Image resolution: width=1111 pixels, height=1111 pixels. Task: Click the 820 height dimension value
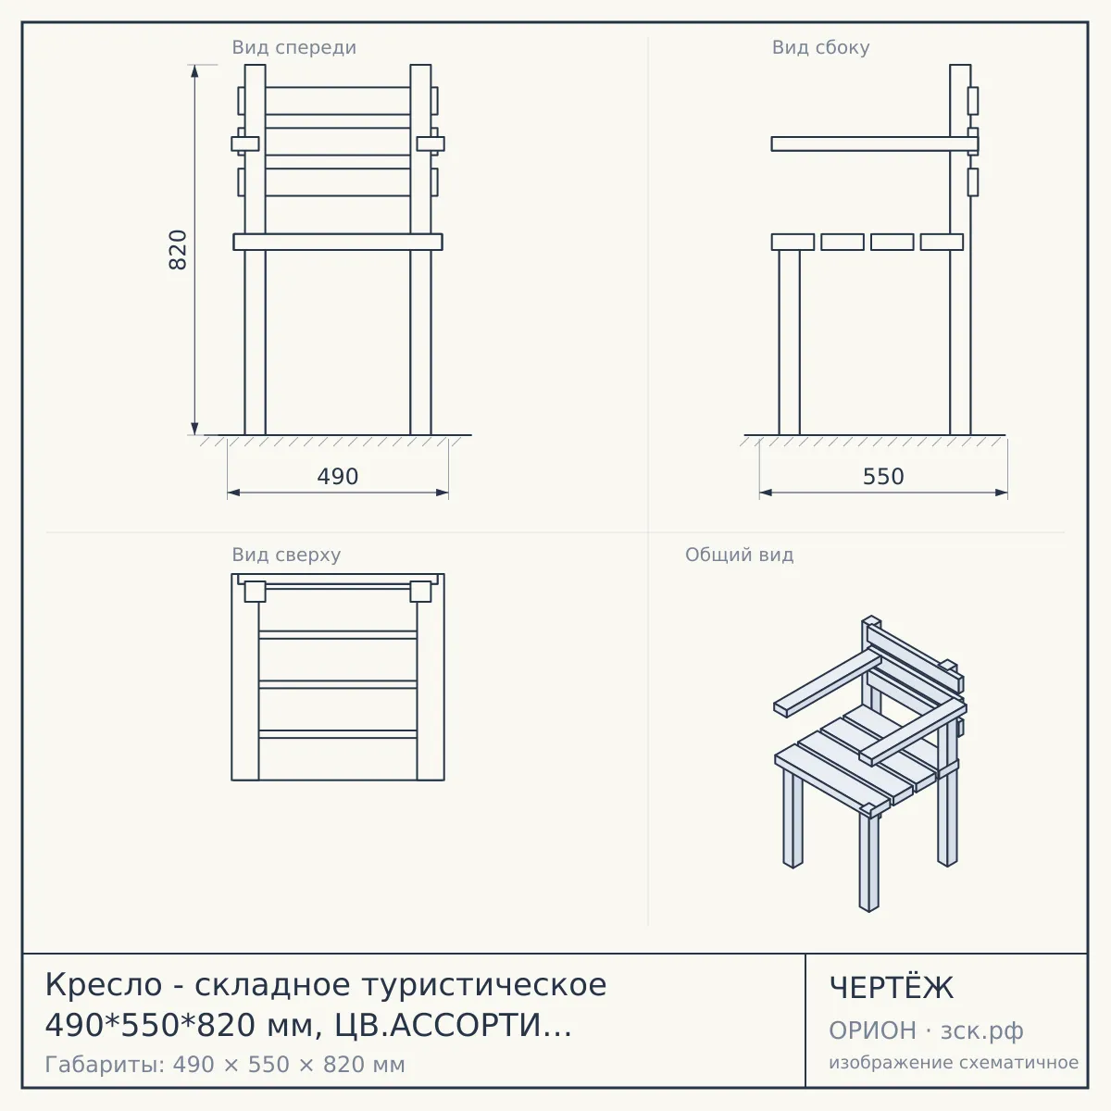(x=178, y=250)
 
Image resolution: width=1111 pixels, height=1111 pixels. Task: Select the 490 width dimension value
(x=338, y=476)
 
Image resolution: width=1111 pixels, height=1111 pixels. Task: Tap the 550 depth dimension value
(x=883, y=476)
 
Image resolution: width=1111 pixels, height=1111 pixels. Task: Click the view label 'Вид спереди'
(x=294, y=47)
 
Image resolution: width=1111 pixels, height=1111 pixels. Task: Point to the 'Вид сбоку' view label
(x=820, y=47)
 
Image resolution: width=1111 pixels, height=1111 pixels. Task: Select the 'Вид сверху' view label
(x=286, y=555)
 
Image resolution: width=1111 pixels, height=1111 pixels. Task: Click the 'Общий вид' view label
(x=739, y=555)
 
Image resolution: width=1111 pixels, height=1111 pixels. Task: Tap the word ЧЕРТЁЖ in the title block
(x=891, y=988)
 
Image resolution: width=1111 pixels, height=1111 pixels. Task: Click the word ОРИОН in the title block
(x=872, y=1030)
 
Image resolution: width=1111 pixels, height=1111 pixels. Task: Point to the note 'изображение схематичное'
(x=954, y=1062)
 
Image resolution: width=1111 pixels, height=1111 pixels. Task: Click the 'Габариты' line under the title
(x=225, y=1065)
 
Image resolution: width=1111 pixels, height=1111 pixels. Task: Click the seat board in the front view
(x=338, y=242)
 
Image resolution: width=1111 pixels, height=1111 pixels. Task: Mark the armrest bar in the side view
(x=875, y=144)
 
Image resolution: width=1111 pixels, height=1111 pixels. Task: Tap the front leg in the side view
(x=790, y=342)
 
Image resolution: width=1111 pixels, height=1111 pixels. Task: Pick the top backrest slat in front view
(x=338, y=101)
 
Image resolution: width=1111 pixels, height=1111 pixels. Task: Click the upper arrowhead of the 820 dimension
(x=194, y=71)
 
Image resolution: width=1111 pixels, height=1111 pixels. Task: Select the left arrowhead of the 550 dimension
(x=767, y=493)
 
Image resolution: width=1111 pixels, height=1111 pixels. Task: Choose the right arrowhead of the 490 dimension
(x=442, y=493)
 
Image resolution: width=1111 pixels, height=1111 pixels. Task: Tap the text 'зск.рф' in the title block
(x=982, y=1031)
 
